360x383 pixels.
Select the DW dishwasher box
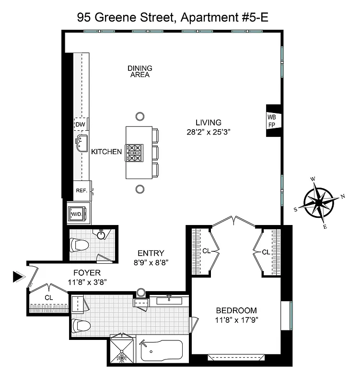click(80, 124)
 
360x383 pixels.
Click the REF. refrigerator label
click(81, 191)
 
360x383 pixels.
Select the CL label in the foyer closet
click(48, 297)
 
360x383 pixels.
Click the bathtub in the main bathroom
click(162, 352)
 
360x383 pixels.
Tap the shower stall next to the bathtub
click(123, 350)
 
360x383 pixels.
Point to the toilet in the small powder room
click(79, 246)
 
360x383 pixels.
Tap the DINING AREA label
click(139, 71)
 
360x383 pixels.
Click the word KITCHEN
click(106, 152)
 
